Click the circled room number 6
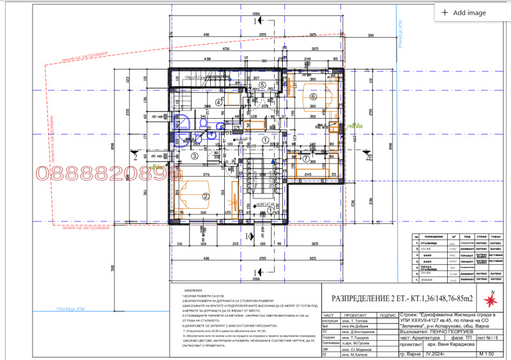pos(313,96)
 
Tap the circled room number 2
pos(206,197)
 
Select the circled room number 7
pos(305,158)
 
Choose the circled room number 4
pos(218,102)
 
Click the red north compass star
pos(492,298)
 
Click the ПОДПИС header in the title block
pos(388,315)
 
